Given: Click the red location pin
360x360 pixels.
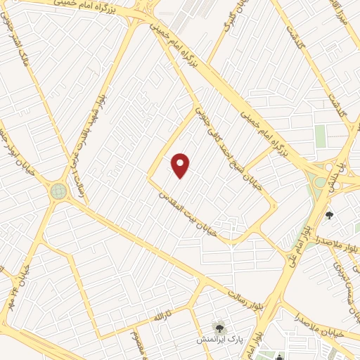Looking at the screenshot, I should coord(181,165).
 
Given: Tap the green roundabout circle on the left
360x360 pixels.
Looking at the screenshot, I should coord(58,191).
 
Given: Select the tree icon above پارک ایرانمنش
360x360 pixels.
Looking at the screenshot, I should coord(219,328).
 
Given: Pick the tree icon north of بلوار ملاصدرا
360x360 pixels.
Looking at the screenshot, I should coord(329,215).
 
